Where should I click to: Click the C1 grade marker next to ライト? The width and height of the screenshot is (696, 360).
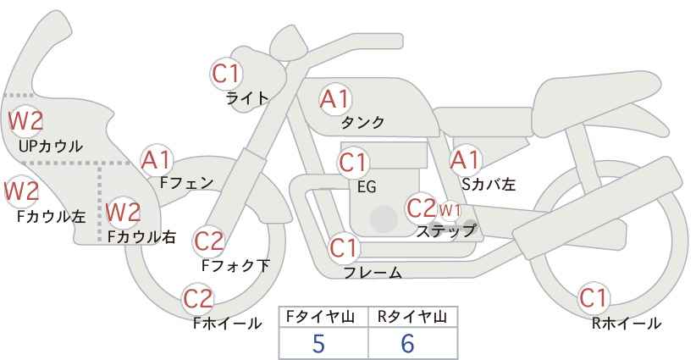coord(226,75)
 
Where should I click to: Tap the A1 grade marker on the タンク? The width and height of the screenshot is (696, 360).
coord(335,99)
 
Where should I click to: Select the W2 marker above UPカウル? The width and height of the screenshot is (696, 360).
coord(25,121)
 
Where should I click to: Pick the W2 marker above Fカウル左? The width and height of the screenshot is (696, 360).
coord(22,191)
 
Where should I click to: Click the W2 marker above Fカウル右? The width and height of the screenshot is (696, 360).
coord(124,212)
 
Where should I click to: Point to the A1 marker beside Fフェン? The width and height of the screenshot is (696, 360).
coord(156,161)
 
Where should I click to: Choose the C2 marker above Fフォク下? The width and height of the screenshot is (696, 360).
coord(209,242)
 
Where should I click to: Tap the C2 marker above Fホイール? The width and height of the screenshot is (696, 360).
coord(198,299)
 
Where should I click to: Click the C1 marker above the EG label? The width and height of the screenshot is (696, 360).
coord(353,163)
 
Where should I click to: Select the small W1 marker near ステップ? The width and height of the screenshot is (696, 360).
coord(450,210)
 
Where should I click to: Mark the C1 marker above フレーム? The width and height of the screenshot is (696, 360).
coord(344,248)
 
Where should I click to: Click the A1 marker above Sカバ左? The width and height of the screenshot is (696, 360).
coord(465,161)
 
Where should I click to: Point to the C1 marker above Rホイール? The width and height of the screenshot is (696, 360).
coord(593,298)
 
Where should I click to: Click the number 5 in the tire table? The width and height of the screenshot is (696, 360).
coord(318,343)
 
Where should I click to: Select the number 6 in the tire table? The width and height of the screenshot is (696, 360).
coord(407,343)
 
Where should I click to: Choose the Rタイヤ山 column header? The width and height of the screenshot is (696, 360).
coord(412,317)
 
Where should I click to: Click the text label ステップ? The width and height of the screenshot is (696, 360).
coord(446,231)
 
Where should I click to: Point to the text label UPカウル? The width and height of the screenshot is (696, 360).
coord(51,146)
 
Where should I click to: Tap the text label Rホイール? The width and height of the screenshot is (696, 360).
coord(627,324)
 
